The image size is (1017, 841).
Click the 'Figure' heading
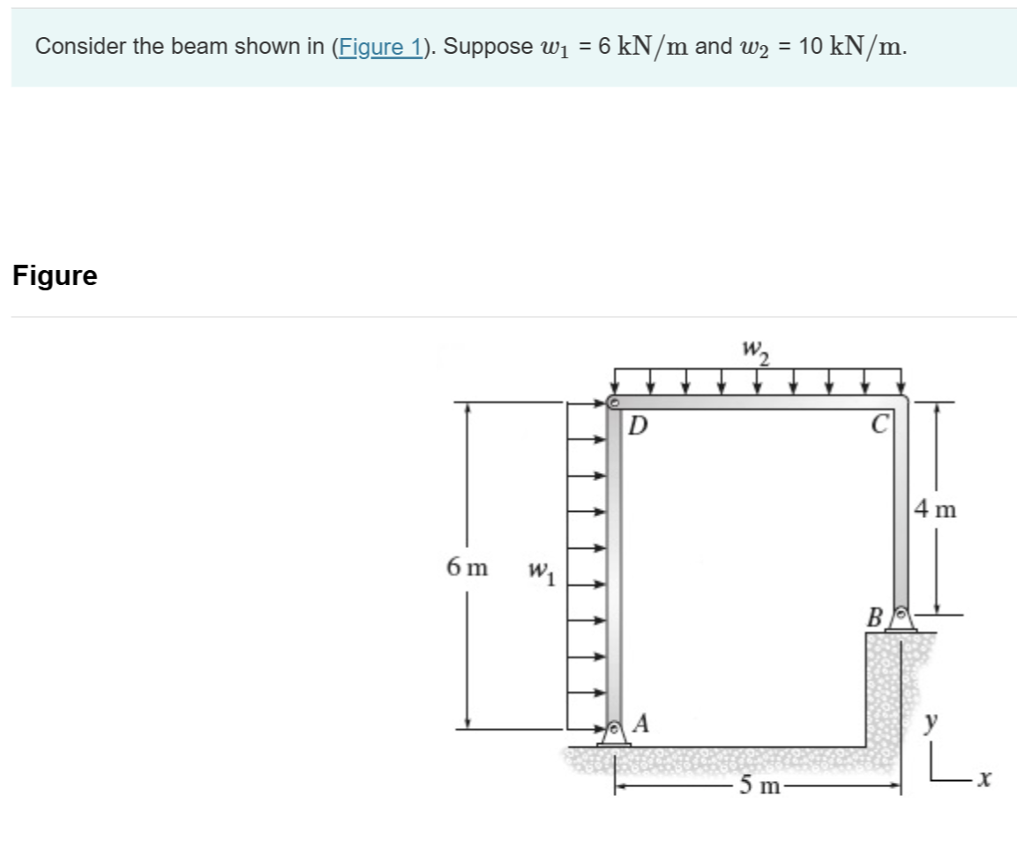coord(55,276)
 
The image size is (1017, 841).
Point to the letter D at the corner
coord(638,427)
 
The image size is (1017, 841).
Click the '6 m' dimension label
coord(467,567)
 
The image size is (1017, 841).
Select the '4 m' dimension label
coord(936,509)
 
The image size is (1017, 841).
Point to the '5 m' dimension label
coord(759,785)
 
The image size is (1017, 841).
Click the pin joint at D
coord(614,403)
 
